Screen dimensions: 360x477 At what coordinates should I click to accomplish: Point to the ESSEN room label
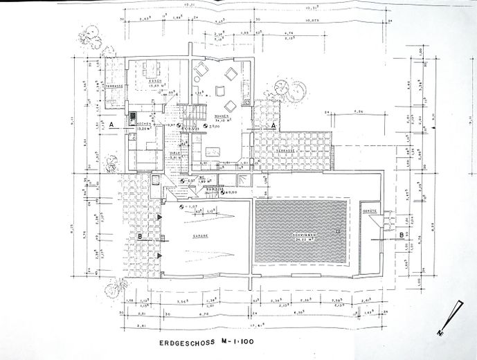click(x=155, y=81)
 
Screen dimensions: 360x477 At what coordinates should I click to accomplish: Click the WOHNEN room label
click(x=222, y=116)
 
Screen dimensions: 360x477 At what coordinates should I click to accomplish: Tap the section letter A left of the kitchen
click(x=111, y=124)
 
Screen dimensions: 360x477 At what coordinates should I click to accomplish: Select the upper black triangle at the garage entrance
click(x=160, y=217)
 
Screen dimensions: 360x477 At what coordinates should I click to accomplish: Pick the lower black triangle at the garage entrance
click(x=160, y=255)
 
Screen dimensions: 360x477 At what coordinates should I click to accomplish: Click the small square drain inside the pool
click(x=336, y=231)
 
